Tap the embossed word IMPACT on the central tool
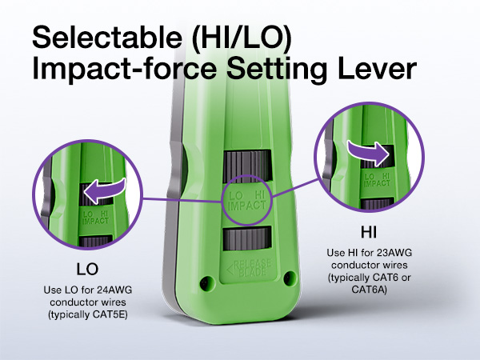(246, 206)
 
